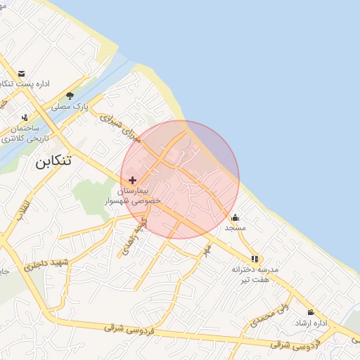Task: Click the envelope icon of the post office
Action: click(x=22, y=74)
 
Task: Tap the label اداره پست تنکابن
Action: click(x=28, y=84)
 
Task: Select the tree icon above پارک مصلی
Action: click(x=70, y=96)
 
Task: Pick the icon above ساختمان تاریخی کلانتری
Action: click(x=25, y=117)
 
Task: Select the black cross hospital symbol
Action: click(x=132, y=181)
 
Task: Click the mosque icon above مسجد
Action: click(x=235, y=217)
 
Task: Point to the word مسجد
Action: click(x=234, y=228)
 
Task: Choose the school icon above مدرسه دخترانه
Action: click(x=254, y=259)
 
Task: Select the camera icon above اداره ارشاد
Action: click(x=310, y=312)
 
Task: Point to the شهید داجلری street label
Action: click(x=47, y=265)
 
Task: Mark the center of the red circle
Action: click(x=180, y=180)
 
